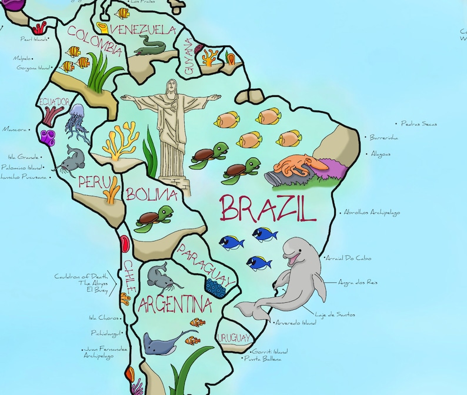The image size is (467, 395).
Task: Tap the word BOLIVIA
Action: tap(152, 194)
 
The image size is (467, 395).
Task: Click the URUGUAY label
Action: tap(234, 338)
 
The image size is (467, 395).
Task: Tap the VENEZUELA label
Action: tap(142, 29)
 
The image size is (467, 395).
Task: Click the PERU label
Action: tap(94, 181)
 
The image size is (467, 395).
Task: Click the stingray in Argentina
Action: tap(162, 342)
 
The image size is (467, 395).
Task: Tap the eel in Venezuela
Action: tap(154, 45)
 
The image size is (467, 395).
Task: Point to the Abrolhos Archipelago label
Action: tap(372, 212)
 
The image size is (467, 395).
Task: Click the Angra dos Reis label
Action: tap(358, 282)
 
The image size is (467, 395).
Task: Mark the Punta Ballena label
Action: tap(263, 359)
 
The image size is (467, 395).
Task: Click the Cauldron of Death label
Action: tap(82, 276)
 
